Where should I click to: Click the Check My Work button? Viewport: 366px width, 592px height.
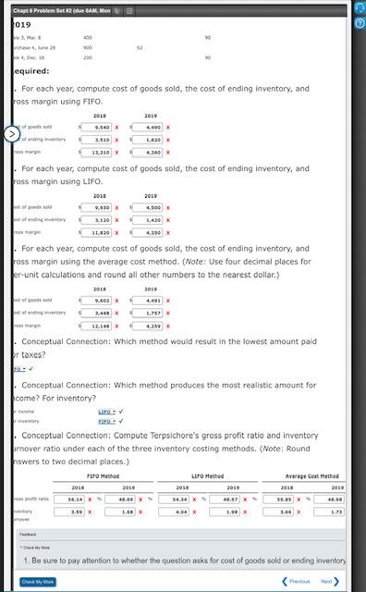click(38, 581)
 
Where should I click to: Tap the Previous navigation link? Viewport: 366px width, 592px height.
click(295, 581)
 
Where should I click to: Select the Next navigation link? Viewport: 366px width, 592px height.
click(329, 581)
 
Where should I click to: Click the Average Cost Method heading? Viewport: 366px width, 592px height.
click(315, 475)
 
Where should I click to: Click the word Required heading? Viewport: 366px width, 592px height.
click(30, 70)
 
